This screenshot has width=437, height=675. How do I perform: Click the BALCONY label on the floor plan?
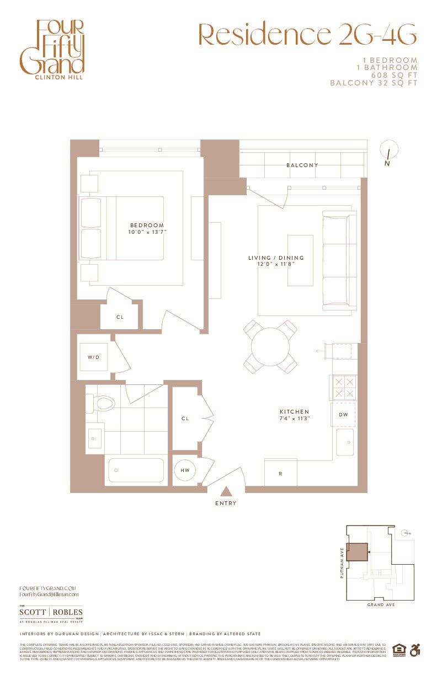point(302,165)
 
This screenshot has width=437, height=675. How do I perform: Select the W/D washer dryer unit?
point(93,357)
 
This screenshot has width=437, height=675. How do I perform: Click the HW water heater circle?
point(185,470)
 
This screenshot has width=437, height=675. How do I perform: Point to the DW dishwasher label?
point(343,415)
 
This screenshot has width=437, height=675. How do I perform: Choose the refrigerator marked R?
point(280,473)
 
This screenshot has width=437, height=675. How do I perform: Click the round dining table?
point(270,347)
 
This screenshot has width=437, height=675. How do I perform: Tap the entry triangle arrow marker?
point(226,492)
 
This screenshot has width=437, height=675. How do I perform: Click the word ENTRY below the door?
point(226,503)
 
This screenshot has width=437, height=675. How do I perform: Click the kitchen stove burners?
point(343,387)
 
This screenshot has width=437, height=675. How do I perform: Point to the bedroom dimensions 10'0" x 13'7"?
point(147,232)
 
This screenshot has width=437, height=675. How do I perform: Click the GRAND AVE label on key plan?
point(381,605)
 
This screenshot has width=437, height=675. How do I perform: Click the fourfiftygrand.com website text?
point(47,588)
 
